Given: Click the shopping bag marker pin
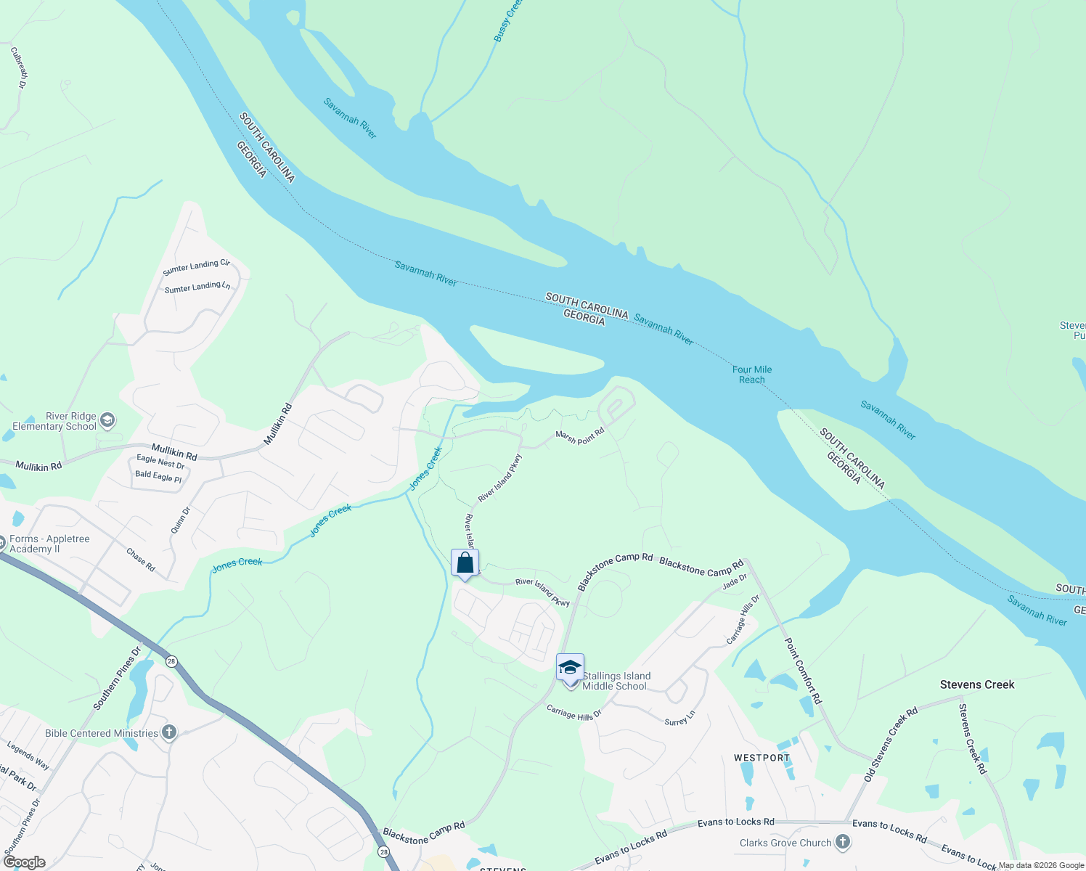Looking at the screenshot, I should [465, 564].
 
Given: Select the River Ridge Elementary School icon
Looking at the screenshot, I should [107, 420].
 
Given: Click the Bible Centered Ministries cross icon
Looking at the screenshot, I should [169, 732].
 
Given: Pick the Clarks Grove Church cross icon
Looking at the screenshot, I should [842, 842].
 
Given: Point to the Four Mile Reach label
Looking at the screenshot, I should [752, 375].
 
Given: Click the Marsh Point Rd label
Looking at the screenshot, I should [579, 436].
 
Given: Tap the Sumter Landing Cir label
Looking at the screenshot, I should [196, 267].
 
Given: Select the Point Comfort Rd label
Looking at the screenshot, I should [804, 671].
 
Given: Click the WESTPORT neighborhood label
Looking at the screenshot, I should [762, 758].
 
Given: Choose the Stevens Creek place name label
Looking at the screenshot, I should [976, 684].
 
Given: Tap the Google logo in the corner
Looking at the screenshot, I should [25, 862].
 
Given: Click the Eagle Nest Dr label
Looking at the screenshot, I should [160, 461].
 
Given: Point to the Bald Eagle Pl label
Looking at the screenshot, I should [158, 476].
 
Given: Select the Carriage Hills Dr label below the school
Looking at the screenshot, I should [573, 713].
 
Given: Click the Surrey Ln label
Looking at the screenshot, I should [680, 718].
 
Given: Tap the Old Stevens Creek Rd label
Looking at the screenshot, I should [891, 744].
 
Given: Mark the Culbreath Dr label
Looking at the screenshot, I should [18, 68].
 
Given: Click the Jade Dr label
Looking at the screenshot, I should [735, 581].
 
